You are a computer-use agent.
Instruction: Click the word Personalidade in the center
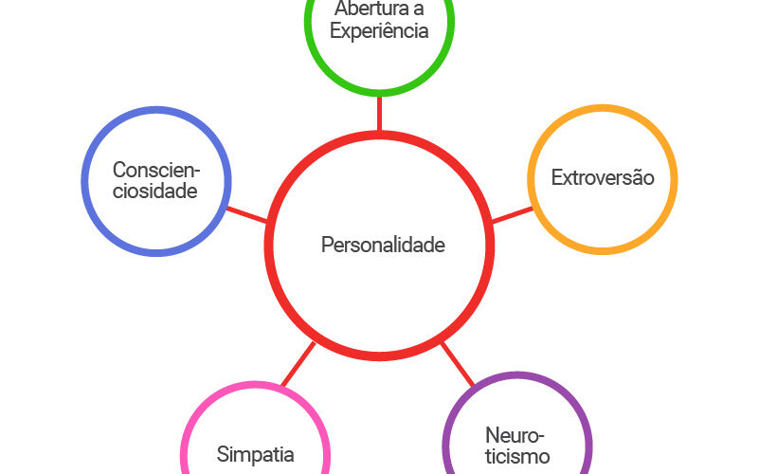pyautogui.click(x=383, y=245)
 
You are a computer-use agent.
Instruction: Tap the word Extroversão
pyautogui.click(x=603, y=177)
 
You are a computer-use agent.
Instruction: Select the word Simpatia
pyautogui.click(x=255, y=455)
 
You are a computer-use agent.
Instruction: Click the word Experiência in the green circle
pyautogui.click(x=379, y=31)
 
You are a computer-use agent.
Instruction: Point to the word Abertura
pyautogui.click(x=366, y=9)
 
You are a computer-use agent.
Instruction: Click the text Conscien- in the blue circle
pyautogui.click(x=156, y=170)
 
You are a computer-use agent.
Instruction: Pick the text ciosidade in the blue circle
pyautogui.click(x=154, y=191)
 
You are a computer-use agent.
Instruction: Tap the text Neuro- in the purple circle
pyautogui.click(x=515, y=435)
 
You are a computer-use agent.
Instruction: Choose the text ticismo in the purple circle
pyautogui.click(x=517, y=457)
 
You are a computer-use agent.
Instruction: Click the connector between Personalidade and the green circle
pyautogui.click(x=379, y=114)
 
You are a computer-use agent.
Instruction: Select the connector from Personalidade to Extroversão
pyautogui.click(x=512, y=215)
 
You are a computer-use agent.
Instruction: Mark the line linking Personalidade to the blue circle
pyautogui.click(x=247, y=215)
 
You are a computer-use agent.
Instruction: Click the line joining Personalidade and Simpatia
pyautogui.click(x=298, y=364)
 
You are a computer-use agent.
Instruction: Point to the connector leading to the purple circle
pyautogui.click(x=458, y=364)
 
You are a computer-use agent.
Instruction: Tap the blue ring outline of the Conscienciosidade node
pyautogui.click(x=83, y=181)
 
